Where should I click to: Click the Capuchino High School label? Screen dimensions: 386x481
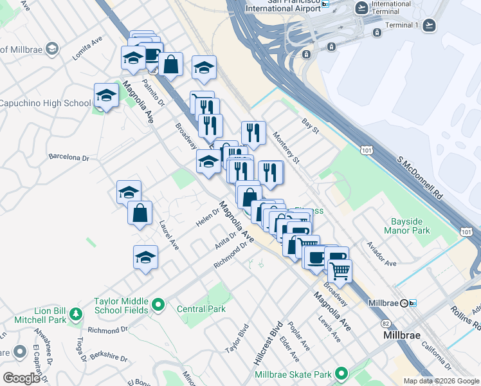(45, 103)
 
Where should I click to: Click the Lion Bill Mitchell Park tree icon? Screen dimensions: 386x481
(77, 315)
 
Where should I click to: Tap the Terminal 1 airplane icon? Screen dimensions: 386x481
(429, 25)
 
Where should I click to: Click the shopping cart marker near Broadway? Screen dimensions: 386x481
(340, 270)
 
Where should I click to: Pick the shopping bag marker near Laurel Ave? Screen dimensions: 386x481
(140, 213)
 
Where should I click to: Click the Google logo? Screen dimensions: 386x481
(21, 378)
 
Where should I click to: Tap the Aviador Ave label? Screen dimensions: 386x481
(381, 254)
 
